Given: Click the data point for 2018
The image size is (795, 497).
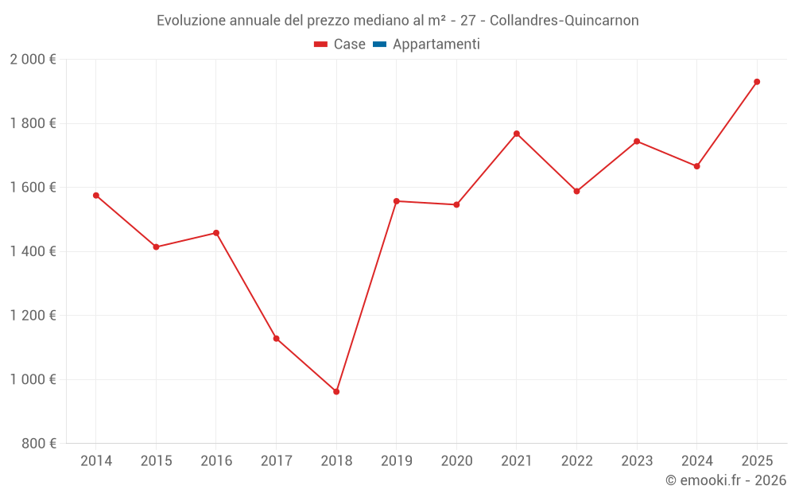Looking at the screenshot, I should (x=336, y=391).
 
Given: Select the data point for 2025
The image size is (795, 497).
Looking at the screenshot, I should (x=757, y=82).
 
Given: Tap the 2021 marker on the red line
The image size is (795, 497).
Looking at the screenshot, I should (x=517, y=134).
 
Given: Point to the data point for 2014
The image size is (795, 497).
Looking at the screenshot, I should (x=96, y=196).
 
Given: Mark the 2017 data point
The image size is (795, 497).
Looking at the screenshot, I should (x=277, y=339).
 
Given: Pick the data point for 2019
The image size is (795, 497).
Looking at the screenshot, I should (x=397, y=201).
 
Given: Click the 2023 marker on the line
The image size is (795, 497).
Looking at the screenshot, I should (x=637, y=142).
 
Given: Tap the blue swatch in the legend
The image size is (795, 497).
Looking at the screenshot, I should (x=379, y=45).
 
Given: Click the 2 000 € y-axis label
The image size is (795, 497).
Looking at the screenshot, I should (x=33, y=60).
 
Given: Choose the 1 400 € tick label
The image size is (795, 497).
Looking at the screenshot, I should (x=33, y=251).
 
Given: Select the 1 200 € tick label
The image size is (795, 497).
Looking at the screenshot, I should (x=33, y=316).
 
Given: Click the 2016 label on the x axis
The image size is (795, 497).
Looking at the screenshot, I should (x=216, y=461).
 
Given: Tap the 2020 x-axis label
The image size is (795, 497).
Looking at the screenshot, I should (x=456, y=461).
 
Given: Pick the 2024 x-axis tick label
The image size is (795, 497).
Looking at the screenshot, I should (x=696, y=461).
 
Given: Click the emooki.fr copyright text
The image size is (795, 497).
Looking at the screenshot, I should (x=725, y=480).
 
